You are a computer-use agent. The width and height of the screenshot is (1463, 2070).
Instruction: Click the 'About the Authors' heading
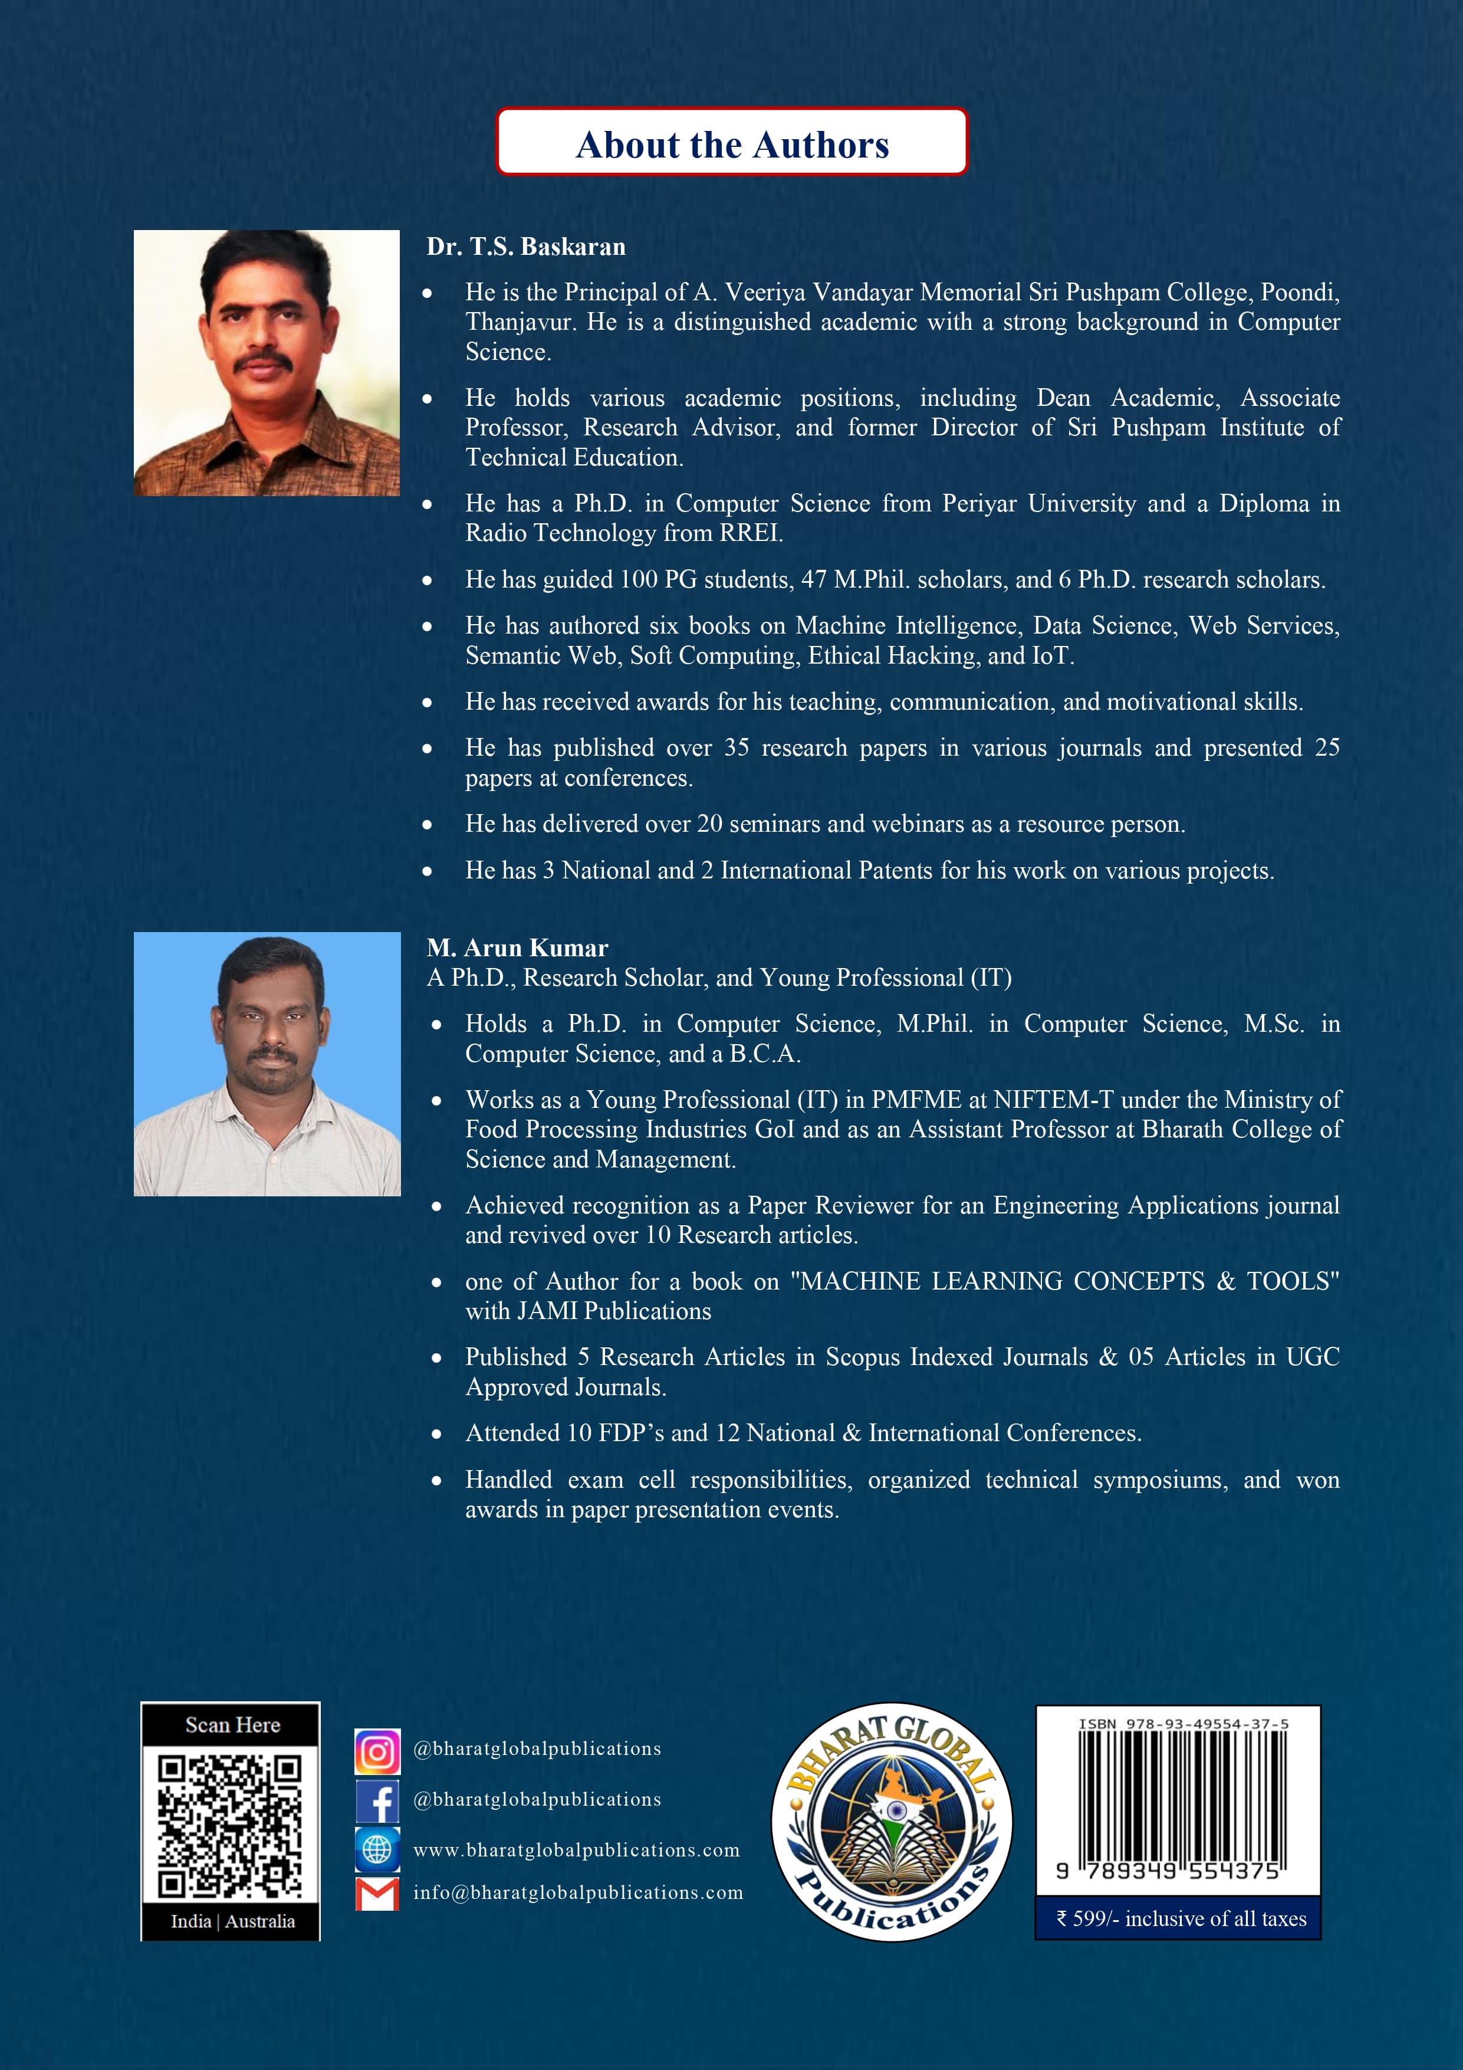(732, 145)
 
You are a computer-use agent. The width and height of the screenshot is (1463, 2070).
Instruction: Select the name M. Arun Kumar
(517, 947)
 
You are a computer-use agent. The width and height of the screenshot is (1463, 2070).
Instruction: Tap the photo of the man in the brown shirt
(267, 362)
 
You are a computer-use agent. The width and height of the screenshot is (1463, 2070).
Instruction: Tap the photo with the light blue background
(267, 1064)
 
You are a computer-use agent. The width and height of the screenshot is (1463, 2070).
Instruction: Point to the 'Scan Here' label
(232, 1725)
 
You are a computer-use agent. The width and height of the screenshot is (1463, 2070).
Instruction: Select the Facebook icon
(377, 1800)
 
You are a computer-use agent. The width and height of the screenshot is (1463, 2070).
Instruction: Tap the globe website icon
(377, 1849)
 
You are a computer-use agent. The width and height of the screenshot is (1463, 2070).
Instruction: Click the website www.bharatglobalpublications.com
(576, 1850)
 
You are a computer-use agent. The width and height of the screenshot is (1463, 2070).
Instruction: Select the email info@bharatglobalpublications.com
(578, 1892)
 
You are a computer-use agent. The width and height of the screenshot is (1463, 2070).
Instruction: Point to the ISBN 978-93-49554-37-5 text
(1183, 1724)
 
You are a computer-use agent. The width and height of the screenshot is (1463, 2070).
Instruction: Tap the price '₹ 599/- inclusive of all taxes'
(1181, 1918)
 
